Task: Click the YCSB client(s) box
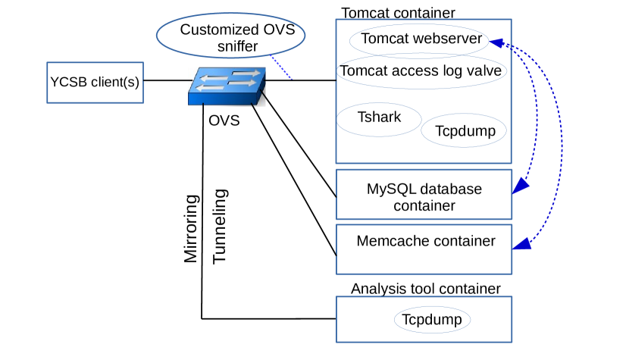(95, 82)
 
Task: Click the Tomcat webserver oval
(421, 39)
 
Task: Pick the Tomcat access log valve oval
(421, 71)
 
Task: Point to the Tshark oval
(379, 118)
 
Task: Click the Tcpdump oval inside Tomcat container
(465, 130)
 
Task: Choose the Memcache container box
(424, 249)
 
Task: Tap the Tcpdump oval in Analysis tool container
(432, 320)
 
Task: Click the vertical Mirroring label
(192, 229)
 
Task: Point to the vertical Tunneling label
(219, 227)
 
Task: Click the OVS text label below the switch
(224, 121)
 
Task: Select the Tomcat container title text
(399, 13)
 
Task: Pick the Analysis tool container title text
(425, 289)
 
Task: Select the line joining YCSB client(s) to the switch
(167, 80)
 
